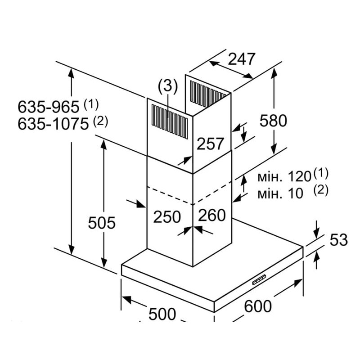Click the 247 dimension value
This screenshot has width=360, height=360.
(241, 59)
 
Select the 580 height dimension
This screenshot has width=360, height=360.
(273, 121)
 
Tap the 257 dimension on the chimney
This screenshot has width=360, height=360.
(210, 144)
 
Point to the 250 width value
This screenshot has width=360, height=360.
(167, 217)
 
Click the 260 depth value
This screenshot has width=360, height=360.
(212, 216)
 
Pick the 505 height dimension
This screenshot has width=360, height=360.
(102, 223)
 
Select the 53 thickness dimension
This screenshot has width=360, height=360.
(339, 240)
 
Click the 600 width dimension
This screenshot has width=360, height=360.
(257, 306)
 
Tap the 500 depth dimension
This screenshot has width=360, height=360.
(162, 314)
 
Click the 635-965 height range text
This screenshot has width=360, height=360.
(49, 107)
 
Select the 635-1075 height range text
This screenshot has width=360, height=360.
(53, 124)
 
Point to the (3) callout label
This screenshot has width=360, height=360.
(168, 86)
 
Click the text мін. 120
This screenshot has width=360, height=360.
(284, 177)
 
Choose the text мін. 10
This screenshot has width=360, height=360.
(280, 193)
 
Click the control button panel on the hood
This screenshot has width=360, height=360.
(260, 279)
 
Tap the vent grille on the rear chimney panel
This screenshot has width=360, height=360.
(208, 94)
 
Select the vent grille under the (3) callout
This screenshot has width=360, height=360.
(170, 122)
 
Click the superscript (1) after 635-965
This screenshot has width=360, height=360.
(91, 104)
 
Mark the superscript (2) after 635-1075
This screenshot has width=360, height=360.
(100, 121)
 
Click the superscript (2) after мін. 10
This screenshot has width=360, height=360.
(321, 190)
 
